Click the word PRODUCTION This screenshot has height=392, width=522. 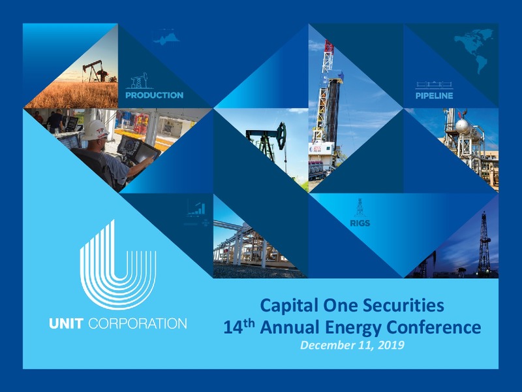(x=154, y=95)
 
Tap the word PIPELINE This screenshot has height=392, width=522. (x=434, y=95)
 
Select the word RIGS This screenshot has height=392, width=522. (x=360, y=223)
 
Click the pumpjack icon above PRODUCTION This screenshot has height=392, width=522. (x=140, y=80)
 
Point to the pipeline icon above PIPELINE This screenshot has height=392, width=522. (x=434, y=86)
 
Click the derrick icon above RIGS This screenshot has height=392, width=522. (x=360, y=208)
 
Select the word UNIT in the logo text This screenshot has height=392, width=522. (x=66, y=323)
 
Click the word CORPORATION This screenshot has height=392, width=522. (x=138, y=323)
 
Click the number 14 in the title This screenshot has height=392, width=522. (x=233, y=327)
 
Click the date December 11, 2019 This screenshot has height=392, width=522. (x=352, y=345)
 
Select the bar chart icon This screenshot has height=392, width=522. (x=196, y=208)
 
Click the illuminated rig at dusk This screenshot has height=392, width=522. (x=484, y=244)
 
